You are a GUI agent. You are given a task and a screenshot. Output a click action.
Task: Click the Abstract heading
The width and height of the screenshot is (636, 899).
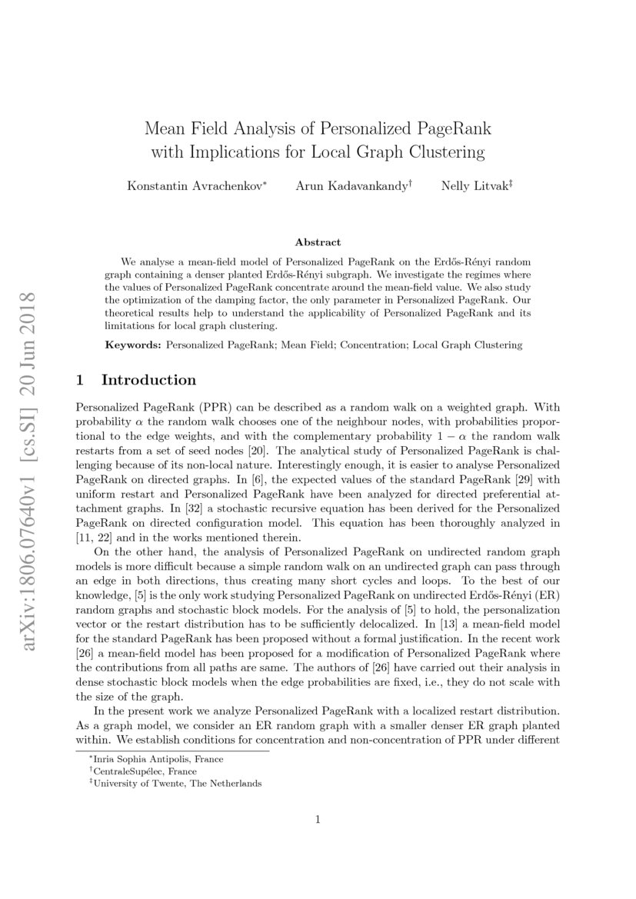tap(318, 242)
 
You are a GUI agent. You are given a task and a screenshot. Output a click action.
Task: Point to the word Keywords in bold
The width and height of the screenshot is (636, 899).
tap(133, 345)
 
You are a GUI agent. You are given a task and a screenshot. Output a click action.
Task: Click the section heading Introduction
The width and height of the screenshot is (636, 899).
tap(148, 380)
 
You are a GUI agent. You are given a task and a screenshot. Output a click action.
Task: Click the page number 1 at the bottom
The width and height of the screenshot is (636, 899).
tap(318, 820)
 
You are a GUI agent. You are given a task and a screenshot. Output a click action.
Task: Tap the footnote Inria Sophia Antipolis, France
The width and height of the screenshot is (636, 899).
tap(143, 760)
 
